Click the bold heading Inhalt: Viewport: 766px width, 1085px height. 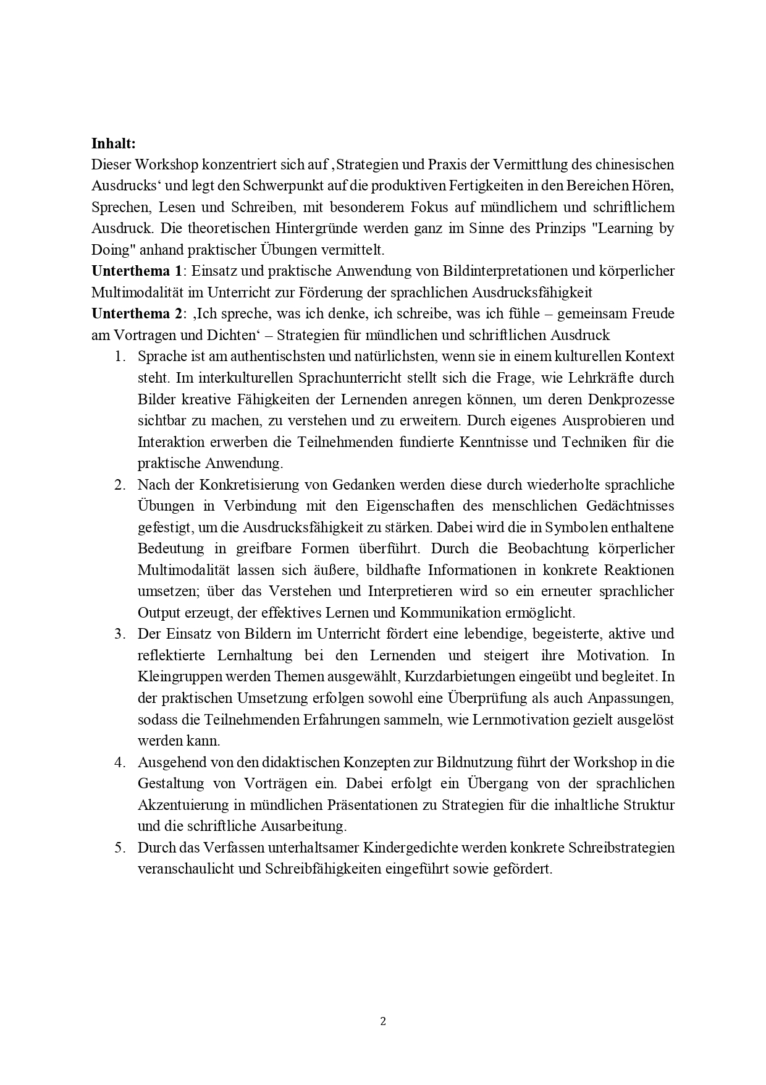[x=113, y=143]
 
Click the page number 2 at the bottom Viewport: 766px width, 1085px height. [x=383, y=1021]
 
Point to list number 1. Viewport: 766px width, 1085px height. [x=120, y=357]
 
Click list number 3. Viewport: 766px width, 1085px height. [x=120, y=634]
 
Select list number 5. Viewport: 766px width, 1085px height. [x=120, y=848]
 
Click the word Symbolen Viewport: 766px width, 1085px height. [x=579, y=527]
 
